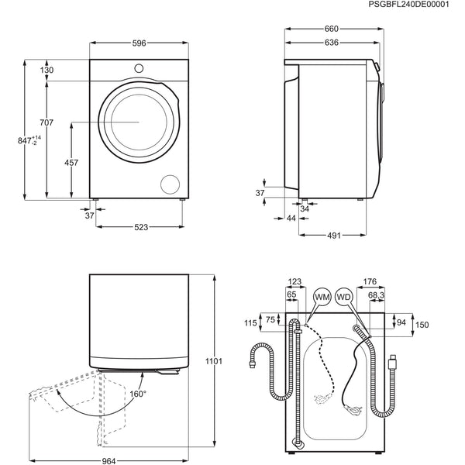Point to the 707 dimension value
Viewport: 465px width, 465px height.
47,122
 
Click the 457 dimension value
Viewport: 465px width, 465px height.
71,163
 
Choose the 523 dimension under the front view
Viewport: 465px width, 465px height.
139,227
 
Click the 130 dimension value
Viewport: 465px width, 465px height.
47,71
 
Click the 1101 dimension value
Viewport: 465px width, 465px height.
215,361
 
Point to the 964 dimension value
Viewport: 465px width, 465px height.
108,461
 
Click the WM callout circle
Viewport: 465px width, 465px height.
322,297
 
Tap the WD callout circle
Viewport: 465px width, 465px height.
344,297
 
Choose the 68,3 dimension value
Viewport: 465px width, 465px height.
377,294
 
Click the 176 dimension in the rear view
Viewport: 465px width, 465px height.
369,281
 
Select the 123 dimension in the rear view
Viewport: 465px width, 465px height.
294,281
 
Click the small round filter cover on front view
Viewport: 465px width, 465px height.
169,184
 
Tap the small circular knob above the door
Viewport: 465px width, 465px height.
139,68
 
